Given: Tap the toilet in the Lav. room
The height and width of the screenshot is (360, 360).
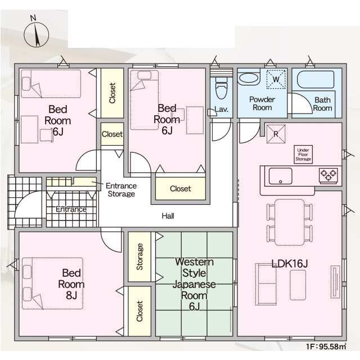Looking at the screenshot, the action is tap(222, 88).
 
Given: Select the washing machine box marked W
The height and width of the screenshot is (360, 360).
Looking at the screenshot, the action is tap(276, 79).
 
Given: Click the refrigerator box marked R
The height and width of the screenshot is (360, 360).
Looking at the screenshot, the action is tap(276, 134).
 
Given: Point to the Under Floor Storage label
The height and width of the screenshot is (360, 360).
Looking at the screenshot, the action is tap(303, 155).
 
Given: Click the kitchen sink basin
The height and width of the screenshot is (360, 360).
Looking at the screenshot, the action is tap(280, 176).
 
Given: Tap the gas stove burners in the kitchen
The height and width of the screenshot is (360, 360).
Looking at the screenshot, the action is tap(328, 175).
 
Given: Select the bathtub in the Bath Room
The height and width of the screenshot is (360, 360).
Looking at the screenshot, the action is tap(316, 79).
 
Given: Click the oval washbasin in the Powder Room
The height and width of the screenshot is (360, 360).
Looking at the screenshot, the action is tap(249, 78).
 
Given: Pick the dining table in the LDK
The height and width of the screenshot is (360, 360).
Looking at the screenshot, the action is tap(290, 222).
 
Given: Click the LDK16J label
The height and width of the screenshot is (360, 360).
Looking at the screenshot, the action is tap(289, 264).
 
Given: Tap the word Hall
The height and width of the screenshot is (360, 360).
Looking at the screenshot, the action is tap(168, 216).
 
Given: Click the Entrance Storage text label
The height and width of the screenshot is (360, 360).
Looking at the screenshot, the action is tap(121, 190).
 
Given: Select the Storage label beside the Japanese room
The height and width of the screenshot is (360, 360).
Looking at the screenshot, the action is tap(139, 256).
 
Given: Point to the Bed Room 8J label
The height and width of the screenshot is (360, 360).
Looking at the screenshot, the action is tap(71, 284).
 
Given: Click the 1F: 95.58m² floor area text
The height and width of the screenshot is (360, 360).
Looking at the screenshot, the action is tap(326, 346).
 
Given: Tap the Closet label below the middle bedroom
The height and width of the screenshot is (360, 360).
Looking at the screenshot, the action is tap(180, 189).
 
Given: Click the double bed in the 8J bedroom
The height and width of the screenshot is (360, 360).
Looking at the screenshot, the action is tap(52, 283).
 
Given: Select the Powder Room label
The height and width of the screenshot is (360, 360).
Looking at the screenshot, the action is tap(262, 103).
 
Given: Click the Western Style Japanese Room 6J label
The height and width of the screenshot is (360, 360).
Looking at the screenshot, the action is tap(194, 284).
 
